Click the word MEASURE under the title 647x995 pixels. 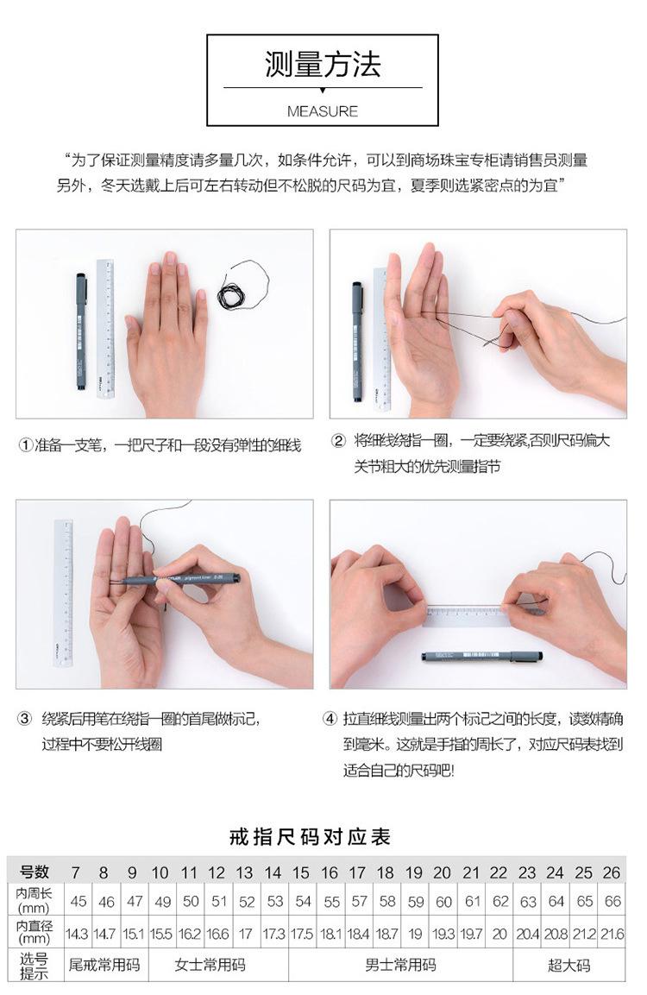[x=323, y=111]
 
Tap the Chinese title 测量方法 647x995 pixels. [x=323, y=65]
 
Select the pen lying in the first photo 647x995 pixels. [x=81, y=331]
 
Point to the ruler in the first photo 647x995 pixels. [x=105, y=328]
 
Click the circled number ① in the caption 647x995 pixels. [x=25, y=445]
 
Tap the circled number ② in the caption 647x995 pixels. [x=339, y=441]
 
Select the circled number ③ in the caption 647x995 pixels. [x=24, y=719]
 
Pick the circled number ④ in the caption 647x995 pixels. [x=330, y=719]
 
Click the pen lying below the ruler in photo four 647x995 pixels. [x=482, y=656]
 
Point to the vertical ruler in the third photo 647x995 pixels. [x=63, y=594]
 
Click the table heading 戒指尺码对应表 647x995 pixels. [x=310, y=837]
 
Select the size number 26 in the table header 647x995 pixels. [x=612, y=872]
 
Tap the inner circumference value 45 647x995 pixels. [x=79, y=901]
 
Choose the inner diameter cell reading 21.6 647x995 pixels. [x=612, y=934]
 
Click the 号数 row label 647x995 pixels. [x=35, y=872]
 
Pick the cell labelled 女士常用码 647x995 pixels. [x=210, y=965]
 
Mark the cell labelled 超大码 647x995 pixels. [x=569, y=965]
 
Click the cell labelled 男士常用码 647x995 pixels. [x=401, y=965]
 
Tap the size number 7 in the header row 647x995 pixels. [x=76, y=872]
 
